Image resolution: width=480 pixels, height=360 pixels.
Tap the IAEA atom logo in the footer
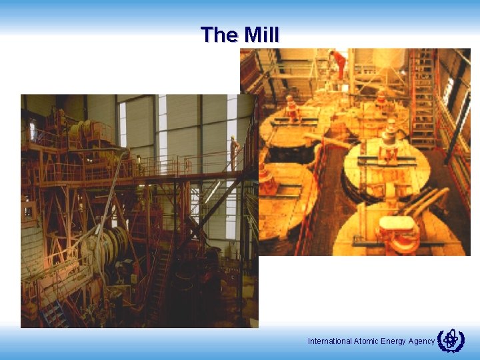[451, 340]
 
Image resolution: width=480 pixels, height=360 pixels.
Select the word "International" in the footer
[329, 341]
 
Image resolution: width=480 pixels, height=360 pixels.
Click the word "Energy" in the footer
[393, 341]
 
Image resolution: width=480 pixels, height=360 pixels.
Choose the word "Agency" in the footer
[422, 341]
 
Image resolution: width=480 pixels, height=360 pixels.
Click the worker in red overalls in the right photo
[339, 63]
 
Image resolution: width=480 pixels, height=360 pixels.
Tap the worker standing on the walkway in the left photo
[233, 152]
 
